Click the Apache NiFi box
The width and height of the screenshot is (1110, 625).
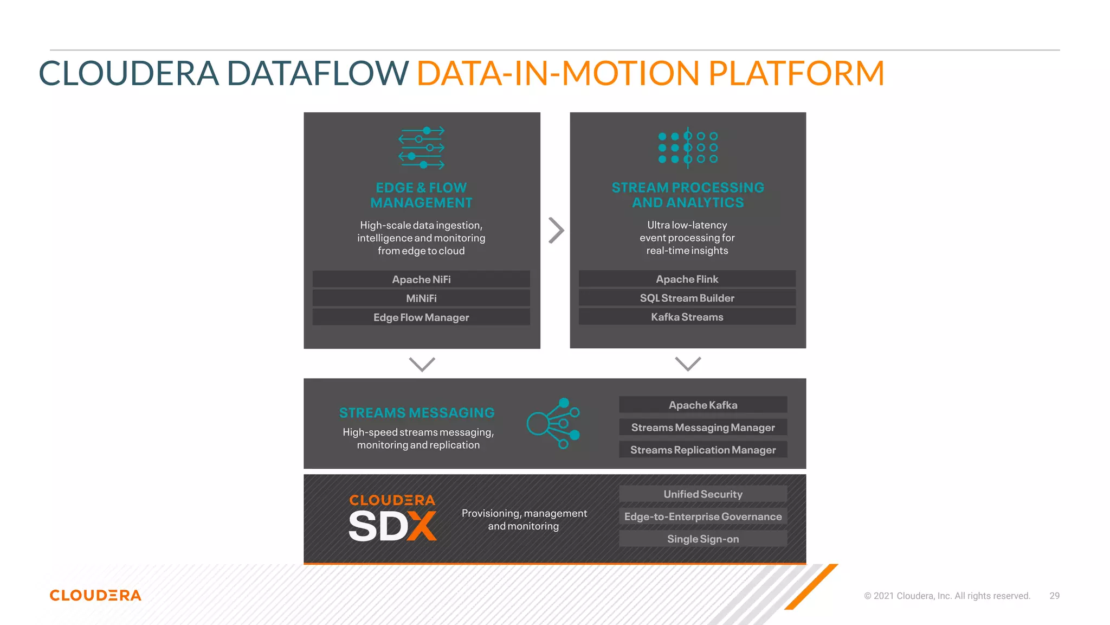pyautogui.click(x=421, y=279)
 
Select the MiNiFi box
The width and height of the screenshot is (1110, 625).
pyautogui.click(x=421, y=298)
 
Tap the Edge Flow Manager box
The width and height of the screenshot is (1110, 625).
pyautogui.click(x=421, y=317)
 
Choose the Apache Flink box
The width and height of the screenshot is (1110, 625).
pyautogui.click(x=687, y=279)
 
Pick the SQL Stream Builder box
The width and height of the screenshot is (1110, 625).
pyautogui.click(x=687, y=298)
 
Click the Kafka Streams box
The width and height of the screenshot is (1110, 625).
pyautogui.click(x=687, y=317)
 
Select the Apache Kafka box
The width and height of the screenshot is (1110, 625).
pyautogui.click(x=702, y=405)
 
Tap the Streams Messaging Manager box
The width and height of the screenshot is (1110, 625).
pyautogui.click(x=702, y=428)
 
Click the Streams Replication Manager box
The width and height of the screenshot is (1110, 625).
pyautogui.click(x=702, y=450)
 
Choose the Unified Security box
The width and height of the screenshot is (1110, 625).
pyautogui.click(x=702, y=494)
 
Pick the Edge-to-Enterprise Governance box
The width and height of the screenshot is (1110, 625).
pyautogui.click(x=702, y=516)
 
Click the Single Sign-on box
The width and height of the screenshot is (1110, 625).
pyautogui.click(x=702, y=539)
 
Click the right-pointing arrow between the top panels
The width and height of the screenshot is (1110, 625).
pyautogui.click(x=556, y=231)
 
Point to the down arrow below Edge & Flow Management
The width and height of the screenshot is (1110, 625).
pyautogui.click(x=422, y=364)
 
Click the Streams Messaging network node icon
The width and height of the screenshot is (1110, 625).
pyautogui.click(x=553, y=423)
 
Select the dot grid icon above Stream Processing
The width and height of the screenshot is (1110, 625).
pyautogui.click(x=688, y=148)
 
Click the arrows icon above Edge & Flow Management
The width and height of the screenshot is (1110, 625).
pyautogui.click(x=422, y=148)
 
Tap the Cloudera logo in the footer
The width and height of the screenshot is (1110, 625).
pyautogui.click(x=95, y=595)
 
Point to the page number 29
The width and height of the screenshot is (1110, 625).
pyautogui.click(x=1054, y=596)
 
